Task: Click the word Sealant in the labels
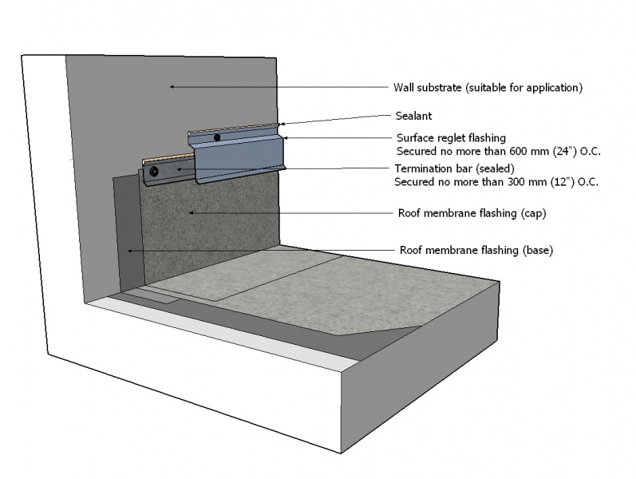(413, 115)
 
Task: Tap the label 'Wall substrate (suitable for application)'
(488, 87)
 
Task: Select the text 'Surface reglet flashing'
(451, 137)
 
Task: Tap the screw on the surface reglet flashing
(216, 138)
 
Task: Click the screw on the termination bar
(154, 172)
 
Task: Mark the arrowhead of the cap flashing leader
(190, 212)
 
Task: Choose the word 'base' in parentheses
(537, 250)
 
